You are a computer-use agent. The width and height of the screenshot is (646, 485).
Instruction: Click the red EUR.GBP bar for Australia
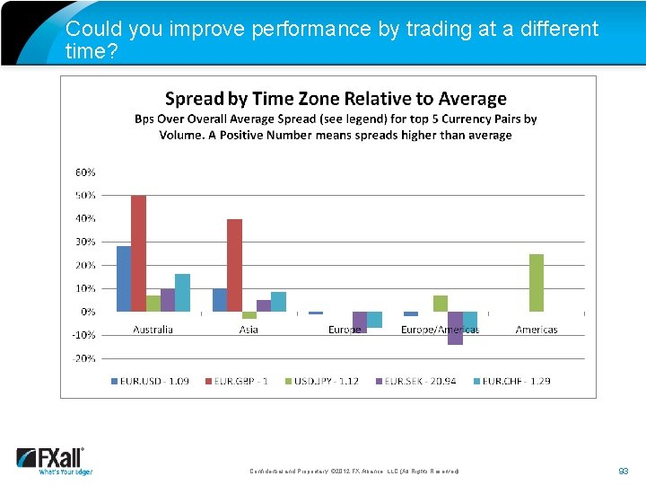pos(138,253)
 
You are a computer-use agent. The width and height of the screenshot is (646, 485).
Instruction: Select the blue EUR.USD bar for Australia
pos(124,278)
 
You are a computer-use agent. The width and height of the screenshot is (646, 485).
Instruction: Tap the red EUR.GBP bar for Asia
pos(234,265)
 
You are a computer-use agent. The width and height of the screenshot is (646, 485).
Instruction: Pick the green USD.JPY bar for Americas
pos(537,283)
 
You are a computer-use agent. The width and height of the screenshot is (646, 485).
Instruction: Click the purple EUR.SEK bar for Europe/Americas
pos(455,328)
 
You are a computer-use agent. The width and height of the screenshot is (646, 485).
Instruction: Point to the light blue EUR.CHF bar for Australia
pos(182,293)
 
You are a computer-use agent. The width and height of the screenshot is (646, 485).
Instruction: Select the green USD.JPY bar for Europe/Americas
pos(441,304)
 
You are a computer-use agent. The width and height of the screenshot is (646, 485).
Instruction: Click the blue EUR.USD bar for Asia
pos(220,300)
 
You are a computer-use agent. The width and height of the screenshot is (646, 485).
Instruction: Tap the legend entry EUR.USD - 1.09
pos(150,381)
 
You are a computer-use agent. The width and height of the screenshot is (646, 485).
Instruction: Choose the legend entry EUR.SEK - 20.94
pos(420,381)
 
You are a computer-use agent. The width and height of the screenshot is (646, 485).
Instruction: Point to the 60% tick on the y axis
pos(85,172)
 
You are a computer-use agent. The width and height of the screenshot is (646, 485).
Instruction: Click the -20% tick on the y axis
pos(84,357)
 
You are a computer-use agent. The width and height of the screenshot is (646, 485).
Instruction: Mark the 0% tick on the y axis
pos(88,312)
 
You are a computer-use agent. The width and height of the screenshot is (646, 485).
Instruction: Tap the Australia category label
pos(153,330)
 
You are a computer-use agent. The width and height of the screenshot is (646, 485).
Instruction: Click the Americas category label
pos(537,330)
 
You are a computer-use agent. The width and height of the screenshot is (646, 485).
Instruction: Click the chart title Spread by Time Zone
pos(336,99)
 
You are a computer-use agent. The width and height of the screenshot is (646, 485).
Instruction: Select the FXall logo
pos(52,460)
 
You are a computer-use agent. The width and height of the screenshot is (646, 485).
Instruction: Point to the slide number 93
pos(624,471)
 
